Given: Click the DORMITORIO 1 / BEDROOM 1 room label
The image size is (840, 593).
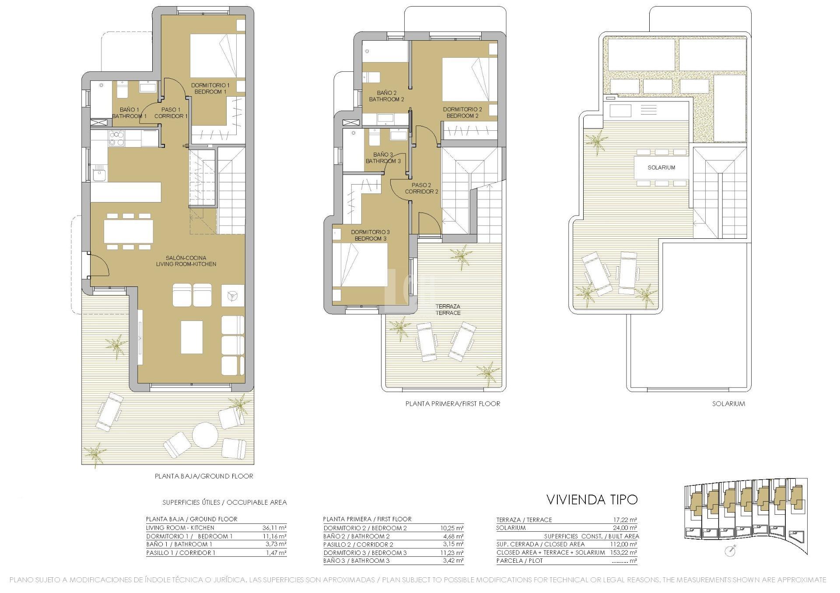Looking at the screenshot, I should (210, 88).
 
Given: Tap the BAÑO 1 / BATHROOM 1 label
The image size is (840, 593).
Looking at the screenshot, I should (129, 113).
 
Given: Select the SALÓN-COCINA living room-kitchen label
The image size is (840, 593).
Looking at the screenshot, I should (186, 261).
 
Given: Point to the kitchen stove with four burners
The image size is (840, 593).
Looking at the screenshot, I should (116, 138).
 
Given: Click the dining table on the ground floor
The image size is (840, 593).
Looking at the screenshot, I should (129, 231).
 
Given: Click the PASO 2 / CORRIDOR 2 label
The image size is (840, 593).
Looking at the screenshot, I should (421, 188).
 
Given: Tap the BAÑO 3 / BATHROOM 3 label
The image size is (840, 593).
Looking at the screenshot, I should (383, 158).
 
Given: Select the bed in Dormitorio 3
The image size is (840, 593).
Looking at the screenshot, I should (360, 265).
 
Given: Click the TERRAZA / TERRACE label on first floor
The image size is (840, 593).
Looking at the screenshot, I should (448, 310).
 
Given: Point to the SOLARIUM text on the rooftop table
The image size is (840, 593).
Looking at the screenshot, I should (661, 167).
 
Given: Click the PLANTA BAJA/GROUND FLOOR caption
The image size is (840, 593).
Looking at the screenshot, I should (204, 476).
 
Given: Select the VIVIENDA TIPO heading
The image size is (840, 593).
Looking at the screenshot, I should (592, 499).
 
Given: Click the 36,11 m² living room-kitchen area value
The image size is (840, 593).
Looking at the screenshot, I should (274, 528).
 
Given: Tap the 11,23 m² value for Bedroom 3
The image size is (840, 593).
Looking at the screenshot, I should (451, 553).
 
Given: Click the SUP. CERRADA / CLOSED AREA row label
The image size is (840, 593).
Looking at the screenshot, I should (540, 544).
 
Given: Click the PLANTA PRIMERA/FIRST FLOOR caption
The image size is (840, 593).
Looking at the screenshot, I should (452, 404).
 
